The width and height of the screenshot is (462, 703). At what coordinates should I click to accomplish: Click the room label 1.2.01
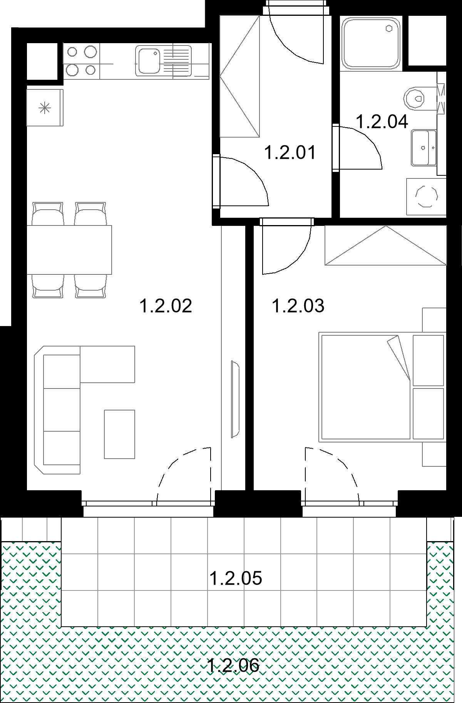pos(290,153)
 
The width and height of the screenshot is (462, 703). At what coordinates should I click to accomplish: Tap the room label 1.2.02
pos(166,306)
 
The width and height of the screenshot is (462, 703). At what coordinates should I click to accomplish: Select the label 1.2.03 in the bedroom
pos(298,306)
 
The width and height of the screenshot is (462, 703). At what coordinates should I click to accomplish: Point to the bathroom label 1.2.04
pos(382,122)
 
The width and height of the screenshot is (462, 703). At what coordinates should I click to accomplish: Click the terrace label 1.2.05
pos(236,578)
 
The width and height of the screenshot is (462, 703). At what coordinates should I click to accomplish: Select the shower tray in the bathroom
pos(371,43)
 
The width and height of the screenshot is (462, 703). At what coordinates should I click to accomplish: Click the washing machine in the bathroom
pos(426,197)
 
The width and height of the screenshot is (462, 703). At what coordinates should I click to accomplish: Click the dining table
pos(69,250)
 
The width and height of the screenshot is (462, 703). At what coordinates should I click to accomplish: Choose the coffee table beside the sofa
pos(119,434)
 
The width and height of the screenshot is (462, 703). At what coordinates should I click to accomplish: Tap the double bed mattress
pos(366,387)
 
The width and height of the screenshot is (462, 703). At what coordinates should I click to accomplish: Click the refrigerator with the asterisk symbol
pos(45,108)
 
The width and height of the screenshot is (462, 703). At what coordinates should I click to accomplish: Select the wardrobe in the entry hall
pos(239,76)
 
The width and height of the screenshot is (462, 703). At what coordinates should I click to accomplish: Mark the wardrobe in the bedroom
pos(385,246)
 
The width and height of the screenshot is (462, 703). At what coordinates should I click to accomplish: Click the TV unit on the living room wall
pos(235,399)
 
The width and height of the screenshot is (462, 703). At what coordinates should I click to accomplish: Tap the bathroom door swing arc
pos(368,140)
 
